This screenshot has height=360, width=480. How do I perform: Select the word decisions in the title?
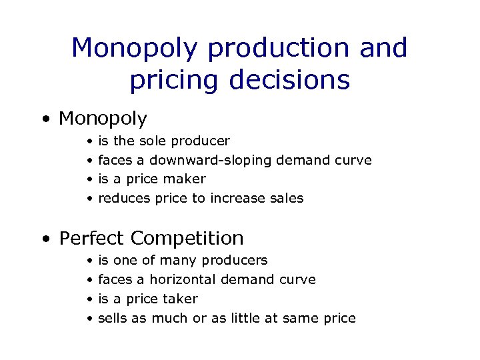[x=289, y=79]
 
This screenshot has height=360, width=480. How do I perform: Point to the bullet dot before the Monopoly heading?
[x=45, y=120]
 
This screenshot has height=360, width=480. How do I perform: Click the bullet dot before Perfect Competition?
[x=45, y=239]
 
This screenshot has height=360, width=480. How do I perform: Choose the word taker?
[x=182, y=299]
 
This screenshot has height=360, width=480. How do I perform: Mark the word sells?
[x=113, y=318]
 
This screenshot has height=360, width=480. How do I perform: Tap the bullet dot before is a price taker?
[x=89, y=299]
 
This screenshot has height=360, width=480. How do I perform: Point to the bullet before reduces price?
[x=89, y=199]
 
